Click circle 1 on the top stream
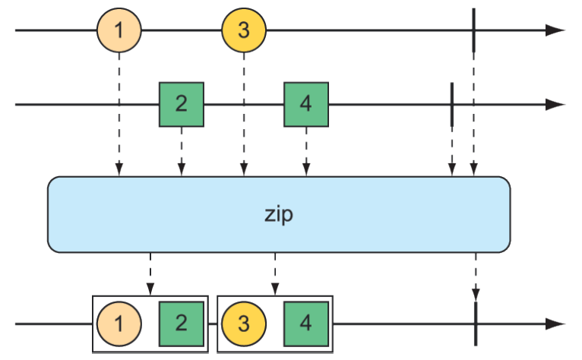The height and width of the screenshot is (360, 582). tap(119, 31)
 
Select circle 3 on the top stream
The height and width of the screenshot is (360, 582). tap(244, 31)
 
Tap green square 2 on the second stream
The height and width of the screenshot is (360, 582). tap(182, 104)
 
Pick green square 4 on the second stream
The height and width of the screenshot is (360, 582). tap(305, 104)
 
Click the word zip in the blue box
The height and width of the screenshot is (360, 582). tap(278, 214)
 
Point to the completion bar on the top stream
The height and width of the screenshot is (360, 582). tap(473, 30)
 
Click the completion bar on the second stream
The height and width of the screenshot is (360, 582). tap(452, 104)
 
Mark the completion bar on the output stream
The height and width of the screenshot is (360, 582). tap(475, 324)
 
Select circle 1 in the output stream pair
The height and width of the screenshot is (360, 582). tap(119, 324)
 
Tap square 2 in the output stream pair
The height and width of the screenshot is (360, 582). tap(181, 324)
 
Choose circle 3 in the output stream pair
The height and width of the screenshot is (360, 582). tap(244, 324)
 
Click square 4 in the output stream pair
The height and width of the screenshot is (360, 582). tap(305, 324)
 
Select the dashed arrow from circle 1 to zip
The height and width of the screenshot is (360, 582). tap(119, 114)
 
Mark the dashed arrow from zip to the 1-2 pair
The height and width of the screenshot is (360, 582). tap(150, 273)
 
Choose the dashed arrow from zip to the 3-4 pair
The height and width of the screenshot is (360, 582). tap(274, 273)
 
